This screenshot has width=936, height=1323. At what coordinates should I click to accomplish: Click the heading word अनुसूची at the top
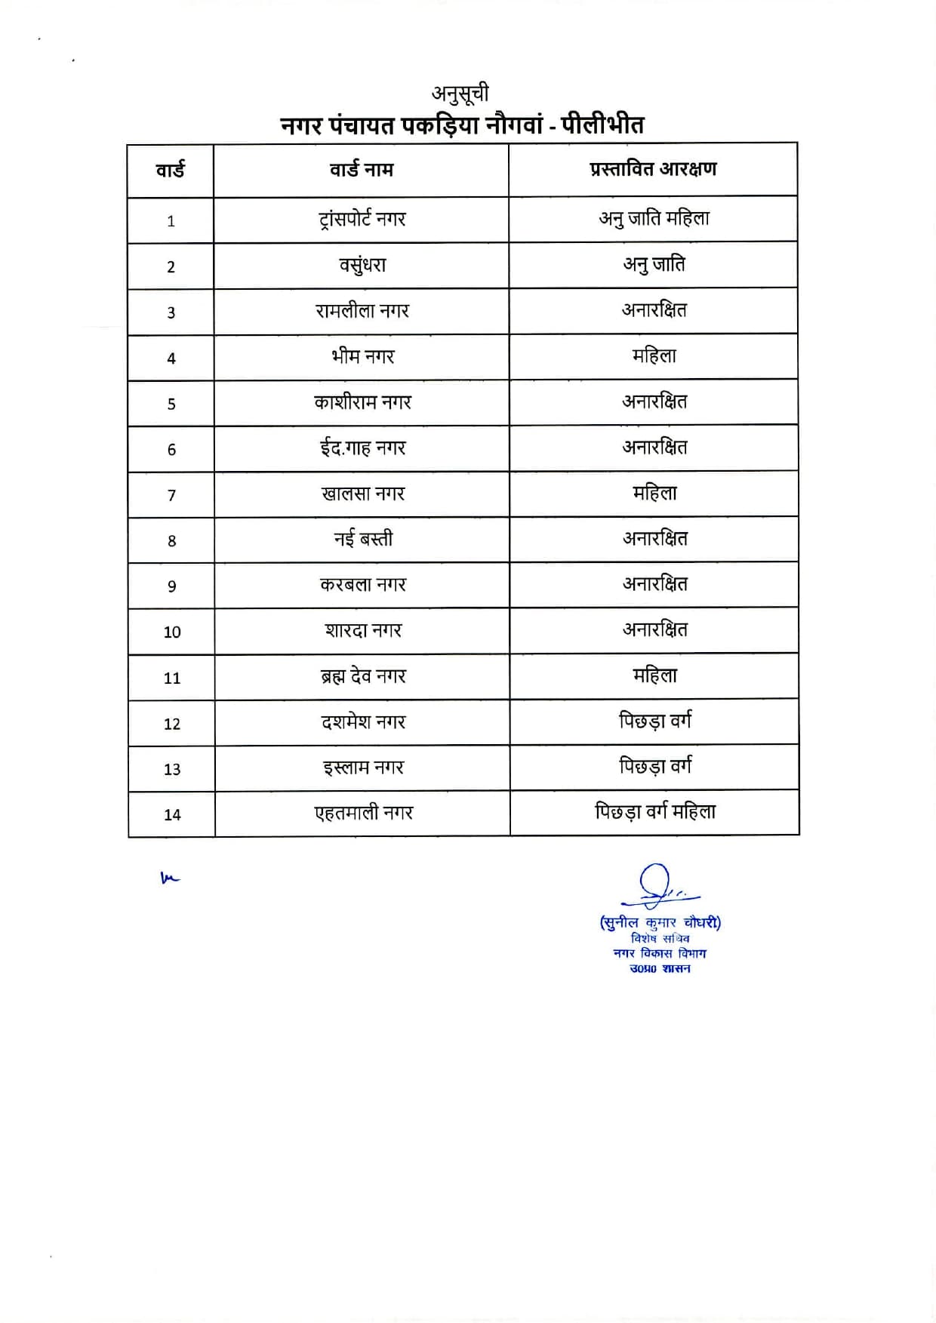[460, 94]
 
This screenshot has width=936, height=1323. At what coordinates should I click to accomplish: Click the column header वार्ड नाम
[362, 170]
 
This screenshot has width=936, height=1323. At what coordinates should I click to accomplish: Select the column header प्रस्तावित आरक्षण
[653, 169]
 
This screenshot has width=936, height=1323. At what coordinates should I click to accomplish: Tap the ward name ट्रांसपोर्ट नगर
[362, 220]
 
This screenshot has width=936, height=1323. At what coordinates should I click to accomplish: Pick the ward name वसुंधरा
[362, 266]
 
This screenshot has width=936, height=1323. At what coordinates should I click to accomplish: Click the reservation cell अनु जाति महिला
[654, 219]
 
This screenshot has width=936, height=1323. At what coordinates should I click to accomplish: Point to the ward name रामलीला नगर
[362, 311]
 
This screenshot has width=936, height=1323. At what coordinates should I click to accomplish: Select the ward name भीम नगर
[362, 356]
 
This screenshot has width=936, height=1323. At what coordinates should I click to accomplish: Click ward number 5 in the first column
[171, 404]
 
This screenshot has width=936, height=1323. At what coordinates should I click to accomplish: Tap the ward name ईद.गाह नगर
[362, 448]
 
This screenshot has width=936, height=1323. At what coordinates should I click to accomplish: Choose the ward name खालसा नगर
[363, 494]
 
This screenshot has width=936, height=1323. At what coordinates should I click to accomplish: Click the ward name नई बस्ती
[363, 540]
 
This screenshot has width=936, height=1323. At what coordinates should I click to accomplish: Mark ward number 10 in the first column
[172, 632]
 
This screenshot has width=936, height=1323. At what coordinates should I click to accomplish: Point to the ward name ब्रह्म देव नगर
[363, 677]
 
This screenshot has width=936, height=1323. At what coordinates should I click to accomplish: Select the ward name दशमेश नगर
[363, 722]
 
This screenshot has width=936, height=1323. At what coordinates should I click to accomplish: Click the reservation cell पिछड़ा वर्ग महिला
[654, 813]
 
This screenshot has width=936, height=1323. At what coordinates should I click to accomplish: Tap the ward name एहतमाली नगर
[364, 814]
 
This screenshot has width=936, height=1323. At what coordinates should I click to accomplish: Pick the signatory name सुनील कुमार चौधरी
[660, 922]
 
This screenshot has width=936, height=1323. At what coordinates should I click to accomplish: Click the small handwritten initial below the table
[170, 878]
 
